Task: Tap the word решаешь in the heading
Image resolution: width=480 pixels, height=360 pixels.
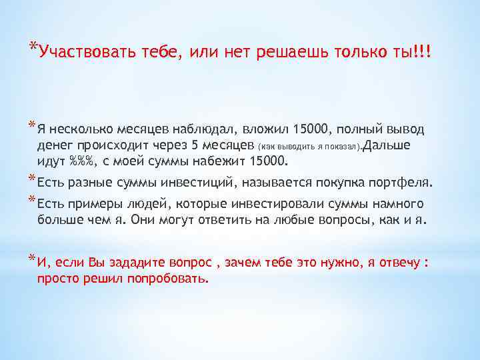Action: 288,53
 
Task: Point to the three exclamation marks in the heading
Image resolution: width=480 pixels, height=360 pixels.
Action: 422,53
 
